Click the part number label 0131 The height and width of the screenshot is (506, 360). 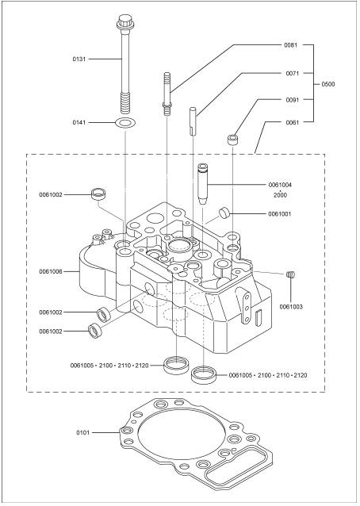[79, 59]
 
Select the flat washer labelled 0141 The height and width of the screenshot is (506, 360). [125, 123]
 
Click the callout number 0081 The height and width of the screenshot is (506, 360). [291, 45]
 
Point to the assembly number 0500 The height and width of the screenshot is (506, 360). [328, 84]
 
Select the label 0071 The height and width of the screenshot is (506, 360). [293, 73]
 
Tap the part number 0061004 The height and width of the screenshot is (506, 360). [280, 185]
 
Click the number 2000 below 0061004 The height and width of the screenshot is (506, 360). [280, 195]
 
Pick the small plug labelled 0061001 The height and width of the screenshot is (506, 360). [224, 213]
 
